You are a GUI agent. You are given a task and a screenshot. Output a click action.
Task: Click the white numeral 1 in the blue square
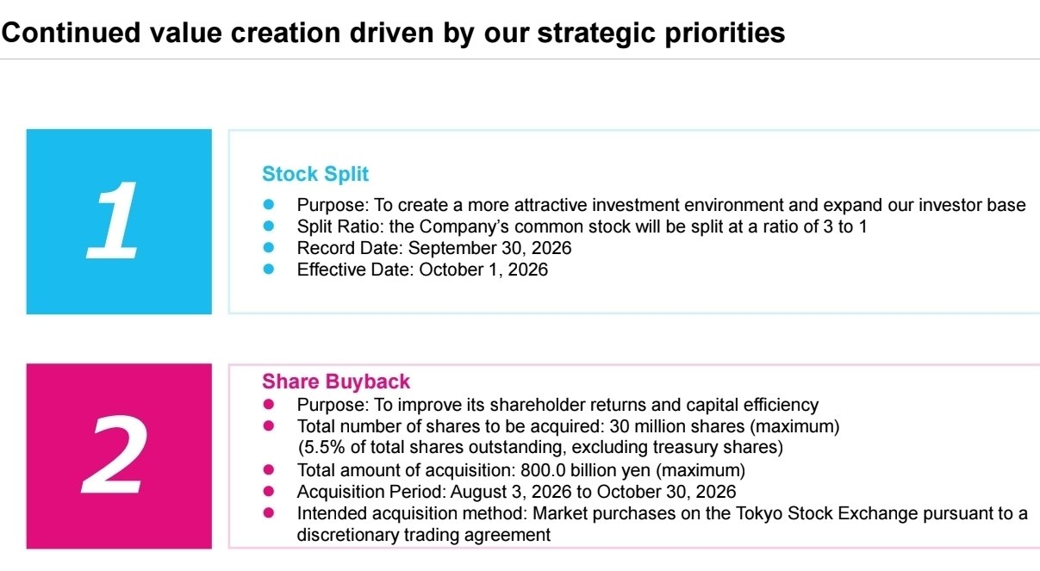[113, 220]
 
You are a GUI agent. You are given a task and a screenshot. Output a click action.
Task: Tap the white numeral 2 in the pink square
[115, 455]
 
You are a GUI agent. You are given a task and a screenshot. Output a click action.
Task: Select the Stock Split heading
[315, 174]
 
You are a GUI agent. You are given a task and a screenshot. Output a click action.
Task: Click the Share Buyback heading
[336, 382]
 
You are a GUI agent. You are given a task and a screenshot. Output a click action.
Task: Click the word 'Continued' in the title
[71, 33]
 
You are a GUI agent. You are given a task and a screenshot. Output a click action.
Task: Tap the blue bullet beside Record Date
[268, 247]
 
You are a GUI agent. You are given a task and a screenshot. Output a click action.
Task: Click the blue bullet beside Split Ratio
[268, 227]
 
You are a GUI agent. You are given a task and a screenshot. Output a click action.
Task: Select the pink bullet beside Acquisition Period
[268, 491]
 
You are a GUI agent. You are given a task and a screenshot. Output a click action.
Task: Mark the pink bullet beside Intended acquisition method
[268, 513]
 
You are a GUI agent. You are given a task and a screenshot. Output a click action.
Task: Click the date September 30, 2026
[489, 248]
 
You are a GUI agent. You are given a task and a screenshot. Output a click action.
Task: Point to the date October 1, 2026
[483, 270]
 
